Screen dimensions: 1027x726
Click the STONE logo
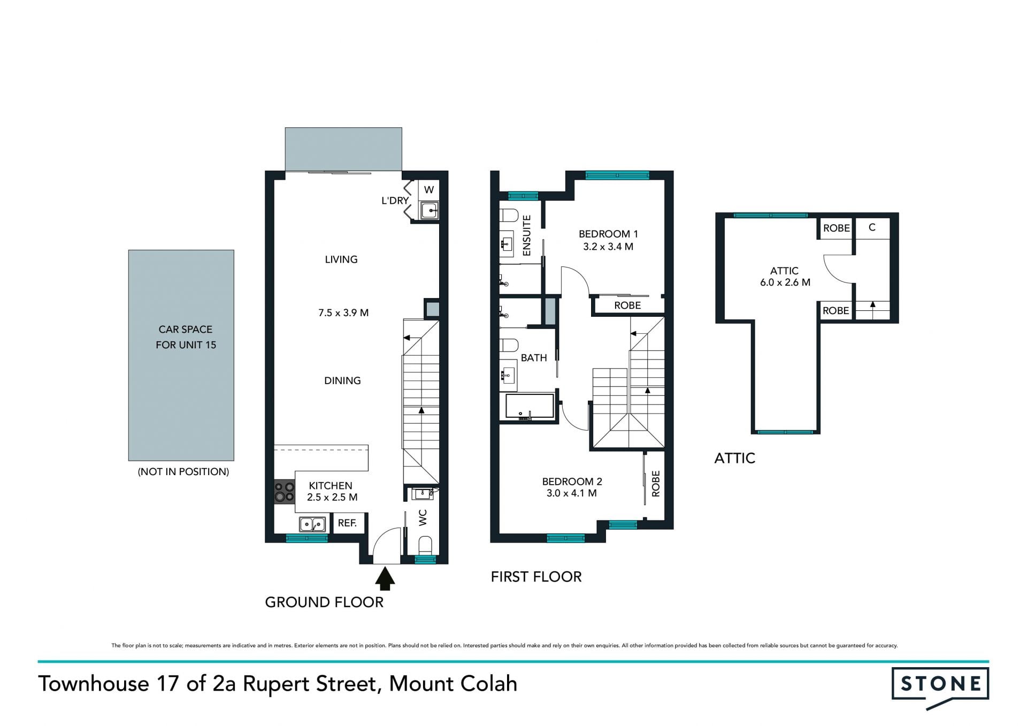pos(940,687)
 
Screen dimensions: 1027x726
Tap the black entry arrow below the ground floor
pos(385,578)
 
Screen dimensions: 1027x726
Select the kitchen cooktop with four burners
pos(285,492)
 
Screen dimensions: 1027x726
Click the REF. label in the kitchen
pos(348,523)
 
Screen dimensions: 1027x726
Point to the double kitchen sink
pos(312,524)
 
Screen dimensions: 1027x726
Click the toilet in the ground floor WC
pos(425,546)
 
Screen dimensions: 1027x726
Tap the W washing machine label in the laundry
pos(429,189)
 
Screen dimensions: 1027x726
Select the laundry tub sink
pos(429,210)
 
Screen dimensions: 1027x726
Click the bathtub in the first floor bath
pos(530,407)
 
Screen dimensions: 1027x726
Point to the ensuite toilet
pos(509,215)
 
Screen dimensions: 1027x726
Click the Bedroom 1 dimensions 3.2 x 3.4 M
pos(608,247)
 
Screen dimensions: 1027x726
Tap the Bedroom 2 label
pos(572,481)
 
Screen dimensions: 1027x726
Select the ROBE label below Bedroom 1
pos(627,305)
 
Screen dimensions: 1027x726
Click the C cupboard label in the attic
pos(872,227)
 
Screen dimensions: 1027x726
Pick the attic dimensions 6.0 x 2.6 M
pos(785,282)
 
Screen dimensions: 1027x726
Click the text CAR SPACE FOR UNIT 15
pos(186,337)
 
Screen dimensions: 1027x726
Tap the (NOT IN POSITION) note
pos(183,472)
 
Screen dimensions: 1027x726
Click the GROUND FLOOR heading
pos(324,602)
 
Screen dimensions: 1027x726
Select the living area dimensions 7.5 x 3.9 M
pos(343,313)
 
